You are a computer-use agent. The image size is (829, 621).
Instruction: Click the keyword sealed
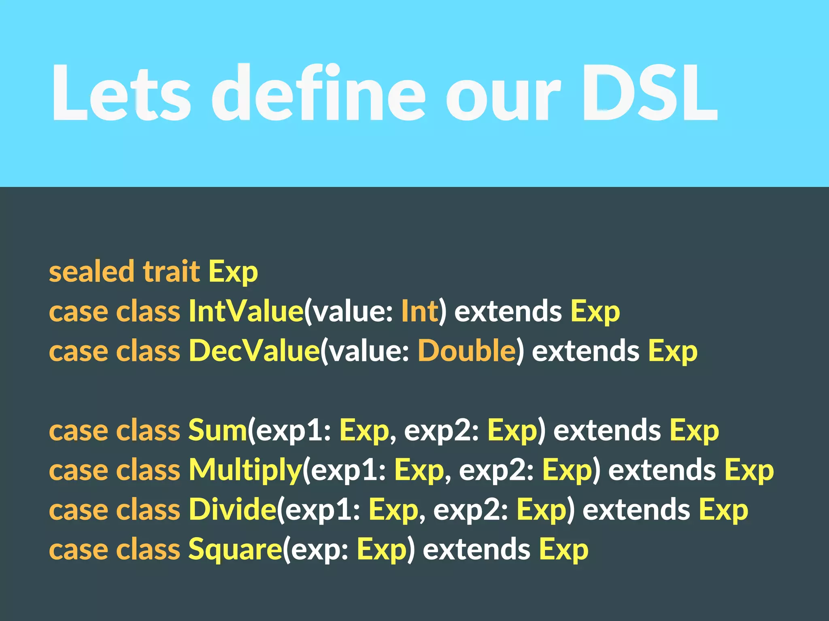(91, 271)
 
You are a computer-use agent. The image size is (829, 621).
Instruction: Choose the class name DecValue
(254, 351)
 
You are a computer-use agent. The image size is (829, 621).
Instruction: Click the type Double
(466, 351)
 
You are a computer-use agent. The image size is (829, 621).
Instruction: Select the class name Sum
(217, 430)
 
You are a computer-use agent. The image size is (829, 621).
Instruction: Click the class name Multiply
(245, 470)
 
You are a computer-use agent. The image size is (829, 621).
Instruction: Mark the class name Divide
(232, 509)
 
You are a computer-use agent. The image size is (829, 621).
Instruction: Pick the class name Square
(235, 550)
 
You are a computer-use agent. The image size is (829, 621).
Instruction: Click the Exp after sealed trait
(233, 272)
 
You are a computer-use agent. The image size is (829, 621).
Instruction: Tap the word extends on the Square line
(476, 550)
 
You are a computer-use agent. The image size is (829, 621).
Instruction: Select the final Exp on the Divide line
(723, 510)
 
